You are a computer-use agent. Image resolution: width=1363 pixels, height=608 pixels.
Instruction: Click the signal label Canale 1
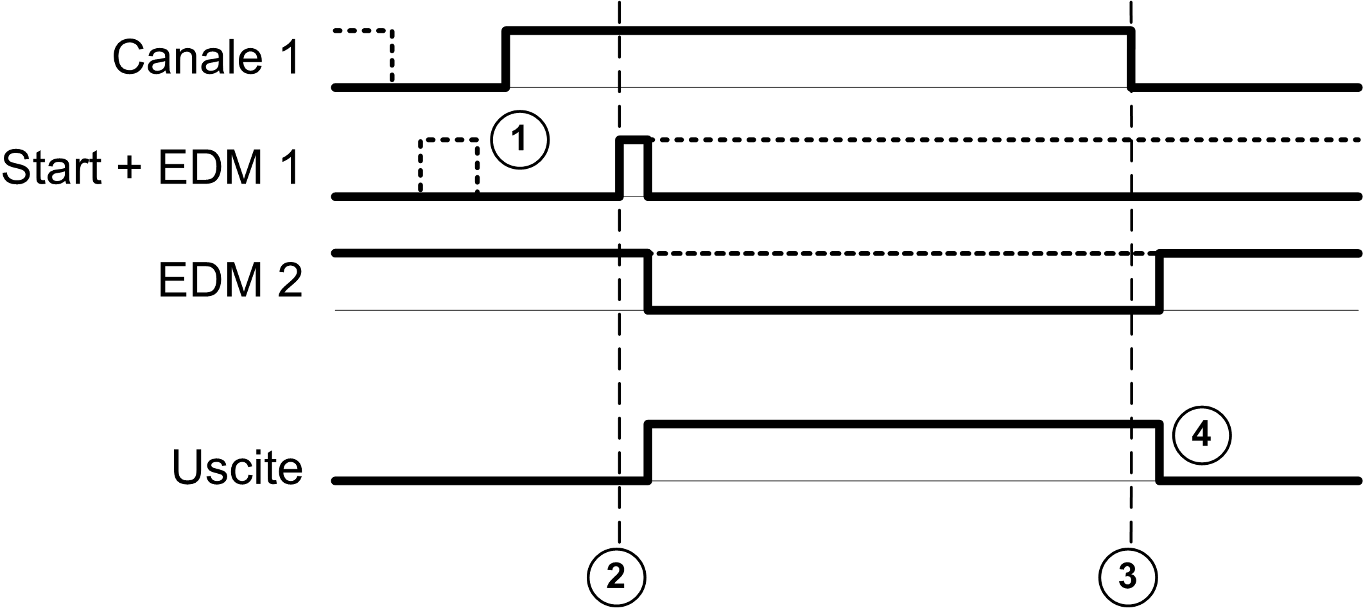(205, 58)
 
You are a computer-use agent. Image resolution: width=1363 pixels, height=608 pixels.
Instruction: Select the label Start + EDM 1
(150, 168)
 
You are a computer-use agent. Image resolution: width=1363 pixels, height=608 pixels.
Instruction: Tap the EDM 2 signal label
(230, 281)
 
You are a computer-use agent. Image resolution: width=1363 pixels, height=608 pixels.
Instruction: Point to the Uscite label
(237, 467)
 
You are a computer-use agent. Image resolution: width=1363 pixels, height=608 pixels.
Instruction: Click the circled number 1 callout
(519, 139)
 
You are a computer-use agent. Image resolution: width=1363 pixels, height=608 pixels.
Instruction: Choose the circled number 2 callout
(616, 577)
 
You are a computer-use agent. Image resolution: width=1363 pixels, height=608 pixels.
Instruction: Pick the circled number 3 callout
(1128, 577)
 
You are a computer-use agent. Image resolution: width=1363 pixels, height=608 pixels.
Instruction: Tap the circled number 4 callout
(1201, 435)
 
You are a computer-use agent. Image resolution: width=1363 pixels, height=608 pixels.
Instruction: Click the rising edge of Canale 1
(506, 58)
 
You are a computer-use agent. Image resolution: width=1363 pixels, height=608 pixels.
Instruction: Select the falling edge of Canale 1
(1131, 58)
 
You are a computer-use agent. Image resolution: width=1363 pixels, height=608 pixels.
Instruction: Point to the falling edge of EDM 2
(648, 282)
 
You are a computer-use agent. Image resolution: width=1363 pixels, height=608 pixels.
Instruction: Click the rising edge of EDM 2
(1159, 282)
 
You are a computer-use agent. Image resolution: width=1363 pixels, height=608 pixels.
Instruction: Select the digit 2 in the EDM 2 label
(290, 281)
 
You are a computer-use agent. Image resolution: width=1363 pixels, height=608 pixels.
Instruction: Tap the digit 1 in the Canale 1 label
(289, 58)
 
